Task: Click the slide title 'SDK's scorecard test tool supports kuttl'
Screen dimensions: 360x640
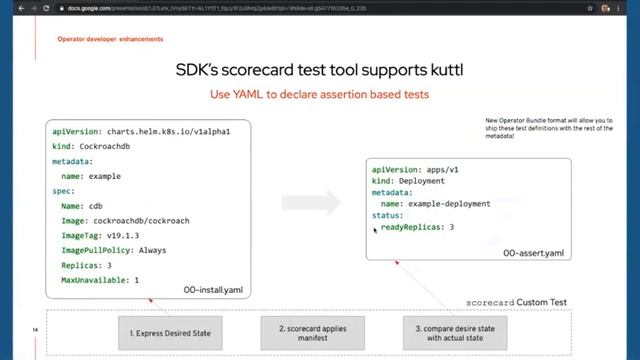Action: pos(319,70)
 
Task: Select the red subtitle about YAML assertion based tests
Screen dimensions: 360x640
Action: pos(319,95)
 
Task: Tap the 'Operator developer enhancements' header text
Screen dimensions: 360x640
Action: pos(110,40)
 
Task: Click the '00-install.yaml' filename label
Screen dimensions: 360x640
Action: pos(213,290)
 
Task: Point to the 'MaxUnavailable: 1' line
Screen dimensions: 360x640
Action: pos(100,280)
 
